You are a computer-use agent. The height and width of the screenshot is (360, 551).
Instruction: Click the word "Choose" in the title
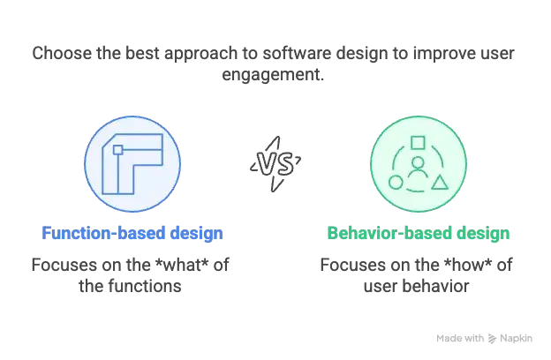pos(63,54)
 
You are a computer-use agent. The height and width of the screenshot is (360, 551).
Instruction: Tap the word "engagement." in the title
pos(273,75)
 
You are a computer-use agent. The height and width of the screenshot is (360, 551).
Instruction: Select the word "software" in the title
pos(298,54)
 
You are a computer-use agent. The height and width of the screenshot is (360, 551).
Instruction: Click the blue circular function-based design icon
pos(132,164)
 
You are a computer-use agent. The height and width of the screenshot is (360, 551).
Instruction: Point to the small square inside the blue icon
pos(118,150)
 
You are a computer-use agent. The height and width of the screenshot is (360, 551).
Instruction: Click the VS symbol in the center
pos(275,164)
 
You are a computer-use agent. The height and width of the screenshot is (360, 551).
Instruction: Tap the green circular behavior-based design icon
pos(419,164)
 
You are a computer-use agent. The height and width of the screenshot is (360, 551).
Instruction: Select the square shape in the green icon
pos(418,143)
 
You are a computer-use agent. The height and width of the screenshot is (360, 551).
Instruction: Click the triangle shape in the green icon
pos(440,183)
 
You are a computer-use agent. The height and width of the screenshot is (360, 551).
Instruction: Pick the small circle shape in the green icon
pos(396,183)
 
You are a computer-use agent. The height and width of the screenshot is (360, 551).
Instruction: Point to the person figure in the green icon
pos(418,169)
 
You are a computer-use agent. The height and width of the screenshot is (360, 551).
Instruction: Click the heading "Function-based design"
pos(132,233)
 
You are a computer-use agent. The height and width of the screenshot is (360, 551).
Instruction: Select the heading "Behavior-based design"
pos(419,233)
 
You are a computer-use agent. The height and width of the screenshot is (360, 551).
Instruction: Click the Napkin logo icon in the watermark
pos(492,339)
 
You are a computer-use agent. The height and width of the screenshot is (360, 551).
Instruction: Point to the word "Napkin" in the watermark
pos(516,339)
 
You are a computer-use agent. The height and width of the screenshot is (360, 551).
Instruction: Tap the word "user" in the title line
pos(498,54)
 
